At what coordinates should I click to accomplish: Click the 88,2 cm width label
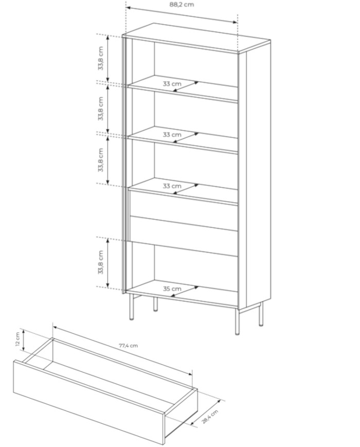182,5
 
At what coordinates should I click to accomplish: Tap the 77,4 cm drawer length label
128,346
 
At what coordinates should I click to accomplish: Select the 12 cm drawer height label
18,339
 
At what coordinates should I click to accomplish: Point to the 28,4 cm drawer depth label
211,417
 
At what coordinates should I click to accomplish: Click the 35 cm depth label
172,289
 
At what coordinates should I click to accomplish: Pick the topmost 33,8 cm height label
101,59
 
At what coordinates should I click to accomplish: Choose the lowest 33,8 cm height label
101,262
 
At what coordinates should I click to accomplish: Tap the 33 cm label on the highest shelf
172,84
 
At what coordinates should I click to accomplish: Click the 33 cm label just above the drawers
172,186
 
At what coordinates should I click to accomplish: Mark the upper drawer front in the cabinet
184,204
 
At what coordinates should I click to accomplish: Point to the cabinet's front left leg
131,307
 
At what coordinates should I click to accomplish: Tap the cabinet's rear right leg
261,314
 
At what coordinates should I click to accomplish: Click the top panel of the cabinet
196,38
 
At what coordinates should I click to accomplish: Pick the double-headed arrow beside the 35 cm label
186,292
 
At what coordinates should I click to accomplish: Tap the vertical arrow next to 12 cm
24,341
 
